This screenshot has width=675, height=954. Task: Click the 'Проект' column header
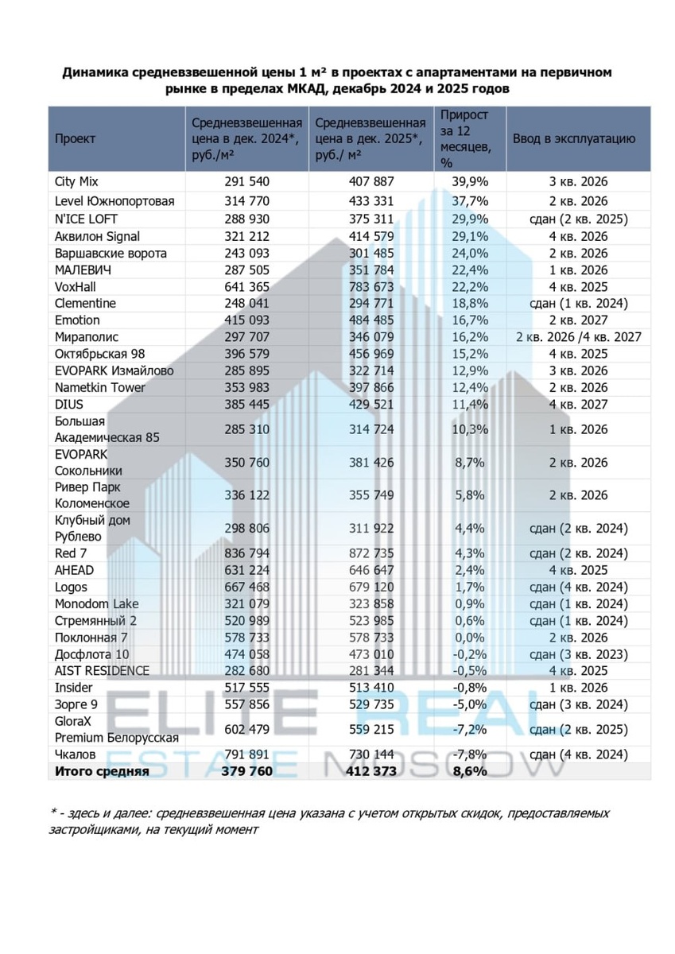pyautogui.click(x=75, y=138)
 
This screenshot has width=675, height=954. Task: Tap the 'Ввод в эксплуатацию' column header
pyautogui.click(x=573, y=138)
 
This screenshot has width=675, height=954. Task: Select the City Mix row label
pyautogui.click(x=76, y=182)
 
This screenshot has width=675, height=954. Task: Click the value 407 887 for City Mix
pyautogui.click(x=371, y=182)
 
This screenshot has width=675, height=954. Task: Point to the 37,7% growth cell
pyautogui.click(x=469, y=201)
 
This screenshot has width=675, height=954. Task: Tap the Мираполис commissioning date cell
pyautogui.click(x=578, y=337)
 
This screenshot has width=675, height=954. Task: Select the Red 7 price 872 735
pyautogui.click(x=371, y=553)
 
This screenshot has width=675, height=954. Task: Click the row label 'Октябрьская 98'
pyautogui.click(x=99, y=354)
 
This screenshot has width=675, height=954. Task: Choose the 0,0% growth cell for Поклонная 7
pyautogui.click(x=469, y=638)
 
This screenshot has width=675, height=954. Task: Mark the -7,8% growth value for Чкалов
pyautogui.click(x=469, y=754)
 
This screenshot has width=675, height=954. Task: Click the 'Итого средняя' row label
pyautogui.click(x=101, y=771)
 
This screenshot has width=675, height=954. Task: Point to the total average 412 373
pyautogui.click(x=371, y=771)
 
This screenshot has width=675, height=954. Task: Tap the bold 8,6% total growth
pyautogui.click(x=469, y=771)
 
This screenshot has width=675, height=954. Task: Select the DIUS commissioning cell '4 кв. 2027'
pyautogui.click(x=578, y=404)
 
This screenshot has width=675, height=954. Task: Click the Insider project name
pyautogui.click(x=74, y=688)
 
